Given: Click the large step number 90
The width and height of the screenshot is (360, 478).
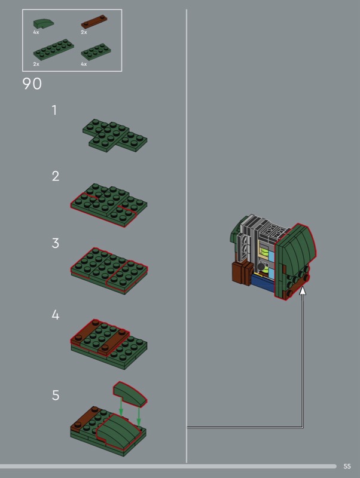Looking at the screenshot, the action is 32,84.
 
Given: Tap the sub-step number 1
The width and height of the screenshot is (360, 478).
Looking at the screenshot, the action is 54,110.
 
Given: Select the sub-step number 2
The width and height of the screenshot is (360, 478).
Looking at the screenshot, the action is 55,176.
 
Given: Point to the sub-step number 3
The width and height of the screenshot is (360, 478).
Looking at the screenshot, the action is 55,243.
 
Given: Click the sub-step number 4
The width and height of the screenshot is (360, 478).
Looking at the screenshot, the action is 55,315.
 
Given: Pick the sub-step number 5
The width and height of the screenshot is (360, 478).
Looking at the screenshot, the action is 55,395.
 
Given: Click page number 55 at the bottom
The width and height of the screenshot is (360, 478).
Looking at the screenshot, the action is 347,466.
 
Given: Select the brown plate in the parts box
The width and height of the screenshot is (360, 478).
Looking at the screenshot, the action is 94,22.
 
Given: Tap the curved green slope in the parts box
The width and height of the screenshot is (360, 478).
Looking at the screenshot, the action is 44,23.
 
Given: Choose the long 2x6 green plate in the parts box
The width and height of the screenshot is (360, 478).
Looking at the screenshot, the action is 54,50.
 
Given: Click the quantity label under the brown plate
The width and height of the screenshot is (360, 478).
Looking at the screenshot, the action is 84,32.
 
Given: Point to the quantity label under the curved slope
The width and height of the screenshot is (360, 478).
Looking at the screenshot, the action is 36,32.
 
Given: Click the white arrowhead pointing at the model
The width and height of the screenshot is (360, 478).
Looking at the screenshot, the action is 303,290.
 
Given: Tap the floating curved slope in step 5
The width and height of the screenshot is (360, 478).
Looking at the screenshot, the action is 130,394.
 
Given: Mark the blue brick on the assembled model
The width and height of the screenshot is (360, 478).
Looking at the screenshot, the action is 263,283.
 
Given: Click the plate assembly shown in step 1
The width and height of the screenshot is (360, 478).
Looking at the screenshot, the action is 115,136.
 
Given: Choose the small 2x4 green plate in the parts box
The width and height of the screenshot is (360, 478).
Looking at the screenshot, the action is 96,52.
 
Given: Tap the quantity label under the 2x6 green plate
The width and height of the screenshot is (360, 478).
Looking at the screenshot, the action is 36,64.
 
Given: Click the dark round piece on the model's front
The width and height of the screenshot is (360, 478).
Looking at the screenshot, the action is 261,267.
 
